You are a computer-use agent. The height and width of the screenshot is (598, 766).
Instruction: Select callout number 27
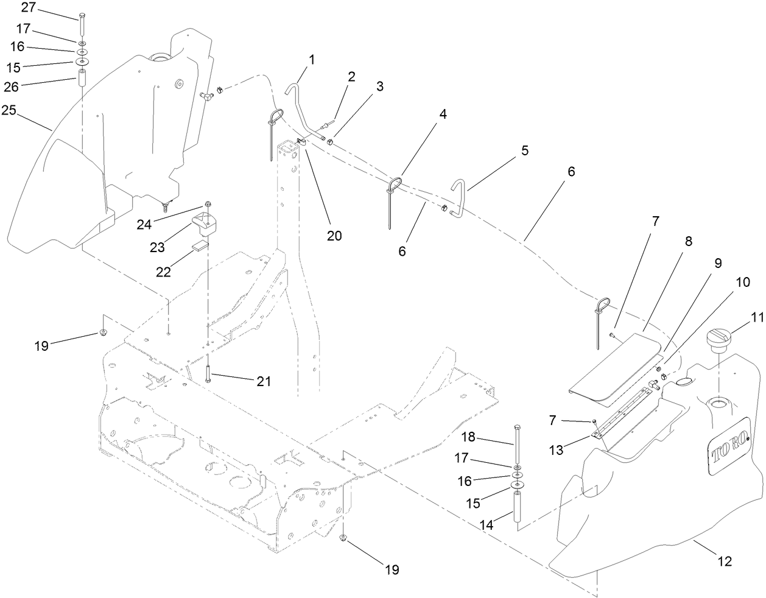[28, 7]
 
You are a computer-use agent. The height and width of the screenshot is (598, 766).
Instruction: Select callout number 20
[334, 236]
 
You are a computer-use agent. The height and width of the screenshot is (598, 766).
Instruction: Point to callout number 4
[443, 114]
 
